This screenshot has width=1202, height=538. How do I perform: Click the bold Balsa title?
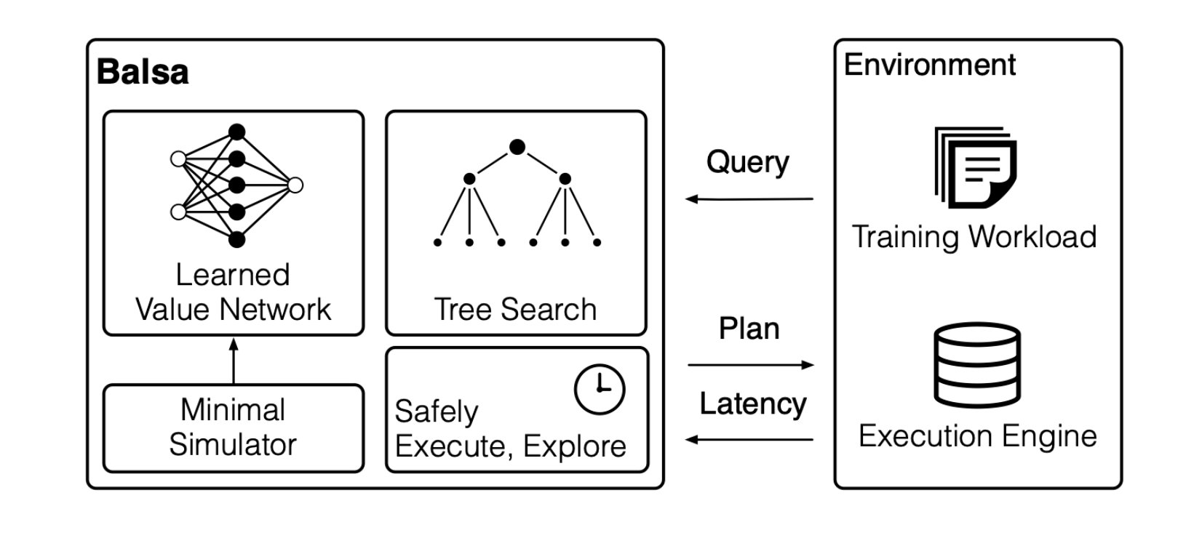click(x=143, y=73)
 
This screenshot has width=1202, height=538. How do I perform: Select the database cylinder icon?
click(x=977, y=366)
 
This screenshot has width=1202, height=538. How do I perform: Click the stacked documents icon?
click(x=975, y=167)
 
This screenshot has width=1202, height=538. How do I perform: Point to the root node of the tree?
click(x=517, y=148)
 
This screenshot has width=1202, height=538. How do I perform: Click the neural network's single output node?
click(x=295, y=185)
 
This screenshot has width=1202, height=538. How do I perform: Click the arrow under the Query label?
click(x=749, y=198)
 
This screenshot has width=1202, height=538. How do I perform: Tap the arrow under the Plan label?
click(x=749, y=365)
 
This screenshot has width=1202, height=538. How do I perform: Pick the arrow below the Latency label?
click(x=749, y=439)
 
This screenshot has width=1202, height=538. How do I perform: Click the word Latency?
click(x=753, y=404)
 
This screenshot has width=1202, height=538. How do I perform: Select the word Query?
click(x=747, y=162)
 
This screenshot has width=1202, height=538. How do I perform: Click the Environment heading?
click(x=929, y=65)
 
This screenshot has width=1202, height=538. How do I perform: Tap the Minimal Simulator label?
click(x=233, y=427)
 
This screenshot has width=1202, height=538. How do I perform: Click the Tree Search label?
click(x=515, y=310)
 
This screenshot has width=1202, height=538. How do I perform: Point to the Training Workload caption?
click(x=974, y=237)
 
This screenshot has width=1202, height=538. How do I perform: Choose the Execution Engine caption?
click(x=977, y=436)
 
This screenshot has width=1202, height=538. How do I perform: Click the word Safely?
click(x=436, y=412)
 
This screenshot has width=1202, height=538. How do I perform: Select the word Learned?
click(x=233, y=275)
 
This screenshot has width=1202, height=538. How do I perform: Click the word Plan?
click(x=749, y=329)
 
